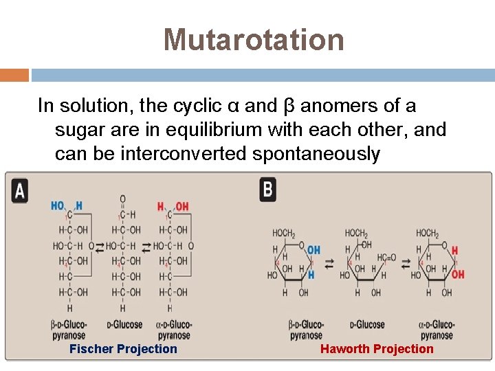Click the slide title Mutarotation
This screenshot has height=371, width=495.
(254, 39)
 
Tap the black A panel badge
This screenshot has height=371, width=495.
(19, 190)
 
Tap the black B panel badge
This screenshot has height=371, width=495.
(268, 190)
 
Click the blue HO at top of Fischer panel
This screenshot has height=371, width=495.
(58, 205)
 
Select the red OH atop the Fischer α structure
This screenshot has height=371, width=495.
(182, 206)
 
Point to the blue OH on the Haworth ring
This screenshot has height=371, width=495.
(313, 250)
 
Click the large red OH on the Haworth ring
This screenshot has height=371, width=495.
(458, 274)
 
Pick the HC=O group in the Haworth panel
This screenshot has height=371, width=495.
(386, 258)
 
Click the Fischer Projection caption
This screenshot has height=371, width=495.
(123, 349)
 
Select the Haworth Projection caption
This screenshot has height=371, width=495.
(377, 349)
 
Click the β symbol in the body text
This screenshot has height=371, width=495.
(289, 106)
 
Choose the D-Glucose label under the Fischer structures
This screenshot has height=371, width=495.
(124, 324)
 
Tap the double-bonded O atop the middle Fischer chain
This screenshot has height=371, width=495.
(122, 199)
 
